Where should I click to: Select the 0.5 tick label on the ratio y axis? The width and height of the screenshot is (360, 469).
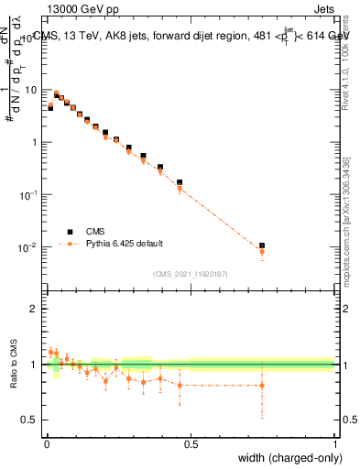coord(31,420)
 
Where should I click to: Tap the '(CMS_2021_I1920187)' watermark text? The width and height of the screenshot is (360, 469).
coord(191,273)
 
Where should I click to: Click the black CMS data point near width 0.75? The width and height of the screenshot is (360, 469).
coord(263,245)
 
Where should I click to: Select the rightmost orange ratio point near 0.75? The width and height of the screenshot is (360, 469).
coord(263,386)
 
